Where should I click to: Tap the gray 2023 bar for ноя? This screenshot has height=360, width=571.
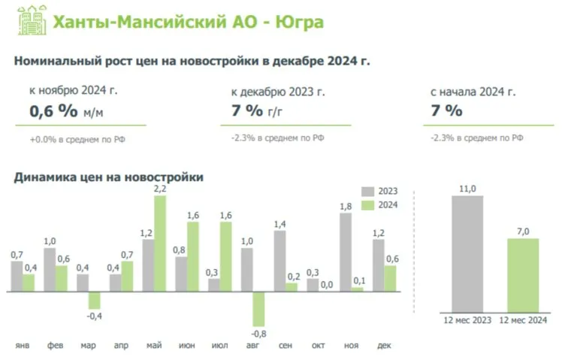(x=346, y=252)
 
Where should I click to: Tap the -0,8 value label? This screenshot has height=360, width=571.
(x=258, y=333)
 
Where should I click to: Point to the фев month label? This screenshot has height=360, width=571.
(x=54, y=345)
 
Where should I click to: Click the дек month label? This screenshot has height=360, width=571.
(x=383, y=345)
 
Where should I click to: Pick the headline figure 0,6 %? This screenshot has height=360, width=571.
(x=53, y=111)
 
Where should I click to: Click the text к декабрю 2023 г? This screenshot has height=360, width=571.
(x=278, y=92)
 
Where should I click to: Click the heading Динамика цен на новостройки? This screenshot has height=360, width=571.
(x=109, y=177)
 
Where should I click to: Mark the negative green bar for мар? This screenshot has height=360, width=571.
(x=94, y=300)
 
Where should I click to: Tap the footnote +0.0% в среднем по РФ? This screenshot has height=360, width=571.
(x=71, y=139)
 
